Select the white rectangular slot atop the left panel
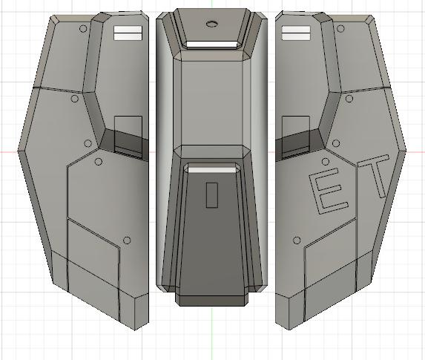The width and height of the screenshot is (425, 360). pyautogui.click(x=126, y=32)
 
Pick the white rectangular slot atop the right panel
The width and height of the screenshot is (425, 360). pyautogui.click(x=296, y=32)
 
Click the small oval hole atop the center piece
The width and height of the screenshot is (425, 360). pyautogui.click(x=211, y=24)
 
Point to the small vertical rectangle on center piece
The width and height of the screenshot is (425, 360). pyautogui.click(x=211, y=194)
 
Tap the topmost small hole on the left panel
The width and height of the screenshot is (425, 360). pyautogui.click(x=84, y=29)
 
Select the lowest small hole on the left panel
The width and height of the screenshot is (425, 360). pyautogui.click(x=127, y=240)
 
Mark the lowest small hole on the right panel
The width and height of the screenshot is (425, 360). pyautogui.click(x=297, y=240)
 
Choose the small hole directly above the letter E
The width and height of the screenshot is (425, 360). pyautogui.click(x=324, y=160)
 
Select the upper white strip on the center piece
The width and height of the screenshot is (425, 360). pyautogui.click(x=211, y=45)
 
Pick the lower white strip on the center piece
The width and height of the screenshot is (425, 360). pyautogui.click(x=211, y=170)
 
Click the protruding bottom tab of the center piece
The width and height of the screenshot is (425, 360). pyautogui.click(x=211, y=298)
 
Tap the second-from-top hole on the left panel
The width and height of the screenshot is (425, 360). pyautogui.click(x=75, y=98)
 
